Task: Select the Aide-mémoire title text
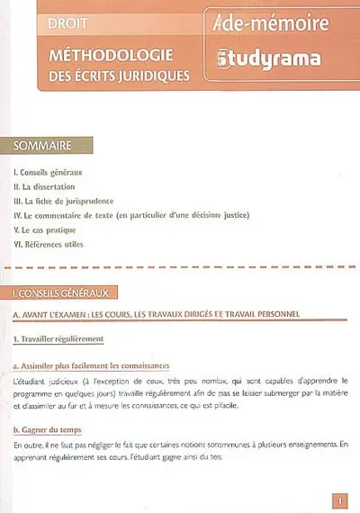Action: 273,22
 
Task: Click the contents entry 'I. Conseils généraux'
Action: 52,172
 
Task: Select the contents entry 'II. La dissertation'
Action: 50,186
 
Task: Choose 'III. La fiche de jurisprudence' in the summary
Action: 74,201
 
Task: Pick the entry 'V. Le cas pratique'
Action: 49,229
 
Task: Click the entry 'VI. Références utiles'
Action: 55,244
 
